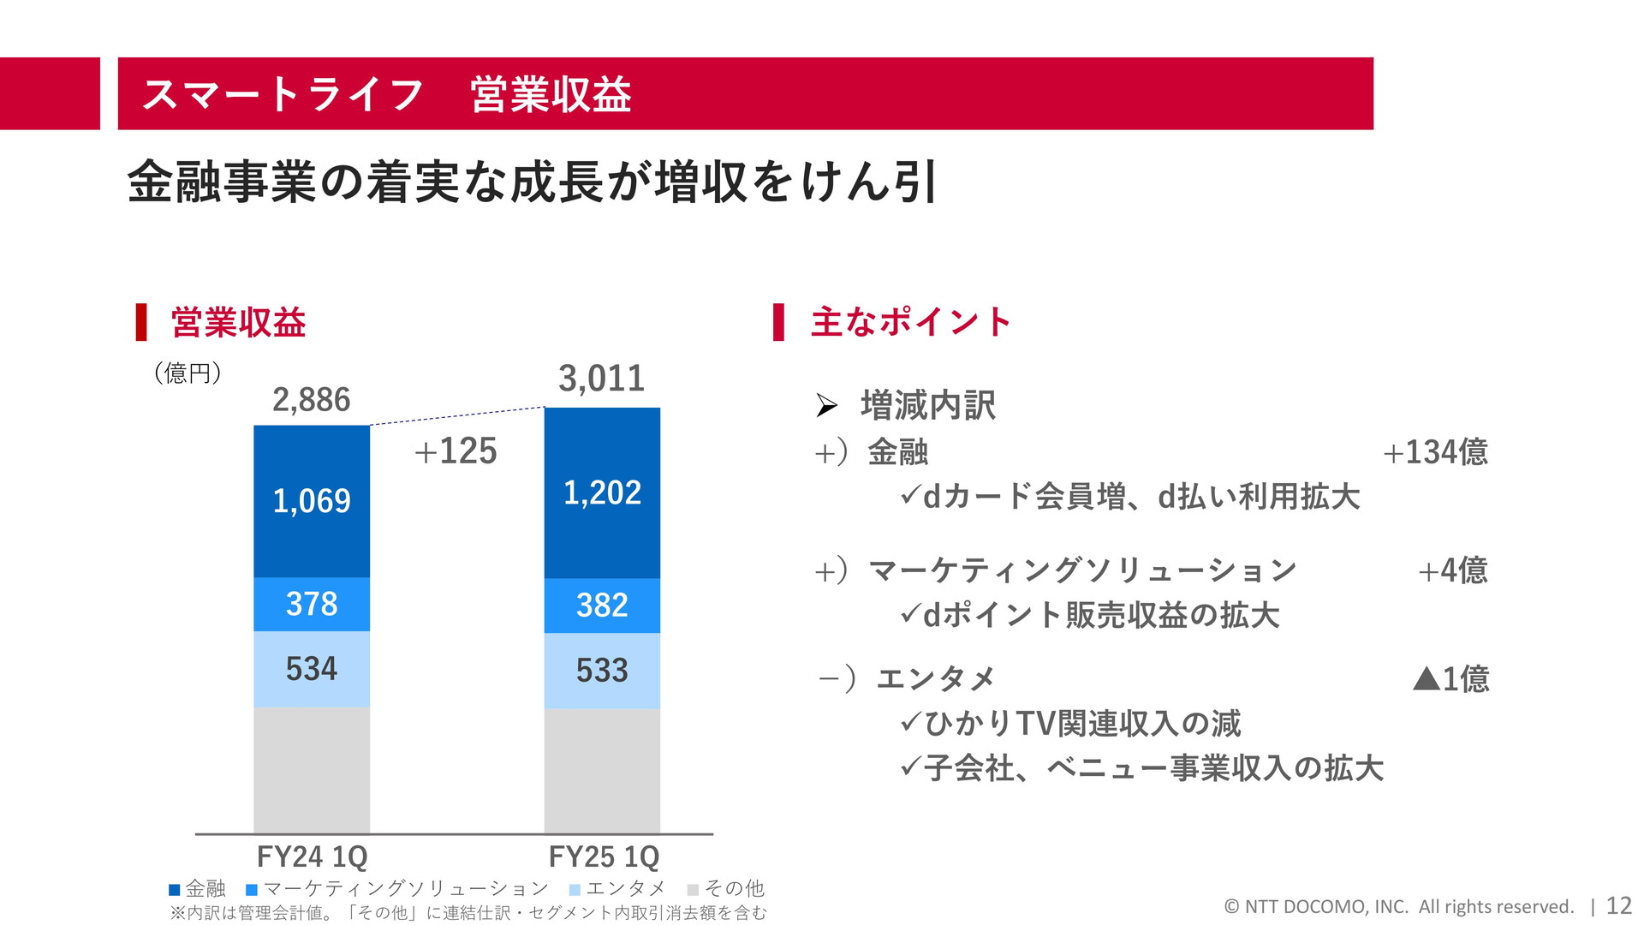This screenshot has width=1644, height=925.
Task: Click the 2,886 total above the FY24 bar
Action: click(x=311, y=400)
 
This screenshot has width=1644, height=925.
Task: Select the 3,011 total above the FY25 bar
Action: click(x=601, y=379)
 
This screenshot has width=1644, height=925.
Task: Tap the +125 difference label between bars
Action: click(x=456, y=451)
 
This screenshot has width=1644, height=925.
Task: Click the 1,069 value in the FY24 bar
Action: click(x=312, y=501)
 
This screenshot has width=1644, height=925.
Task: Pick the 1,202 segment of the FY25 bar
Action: click(x=602, y=492)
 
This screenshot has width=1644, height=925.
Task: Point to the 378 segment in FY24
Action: click(x=312, y=604)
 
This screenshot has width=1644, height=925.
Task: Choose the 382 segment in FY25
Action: click(x=602, y=606)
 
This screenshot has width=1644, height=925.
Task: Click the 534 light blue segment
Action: click(x=312, y=669)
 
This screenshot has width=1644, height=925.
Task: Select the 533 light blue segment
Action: click(x=602, y=671)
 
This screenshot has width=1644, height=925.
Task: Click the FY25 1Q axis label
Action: click(x=604, y=856)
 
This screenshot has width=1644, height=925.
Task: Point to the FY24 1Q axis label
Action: click(x=312, y=856)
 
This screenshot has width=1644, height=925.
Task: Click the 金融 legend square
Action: click(x=175, y=890)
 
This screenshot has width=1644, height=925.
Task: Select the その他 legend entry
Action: click(x=726, y=889)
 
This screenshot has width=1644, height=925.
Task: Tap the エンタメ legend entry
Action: click(x=617, y=889)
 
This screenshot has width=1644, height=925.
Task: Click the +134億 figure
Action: click(x=1435, y=452)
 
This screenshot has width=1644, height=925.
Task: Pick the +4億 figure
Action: click(x=1452, y=570)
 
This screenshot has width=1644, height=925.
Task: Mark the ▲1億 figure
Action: click(x=1450, y=679)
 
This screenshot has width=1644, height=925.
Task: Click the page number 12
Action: click(x=1618, y=906)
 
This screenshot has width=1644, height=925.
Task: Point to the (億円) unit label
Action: click(x=188, y=373)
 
